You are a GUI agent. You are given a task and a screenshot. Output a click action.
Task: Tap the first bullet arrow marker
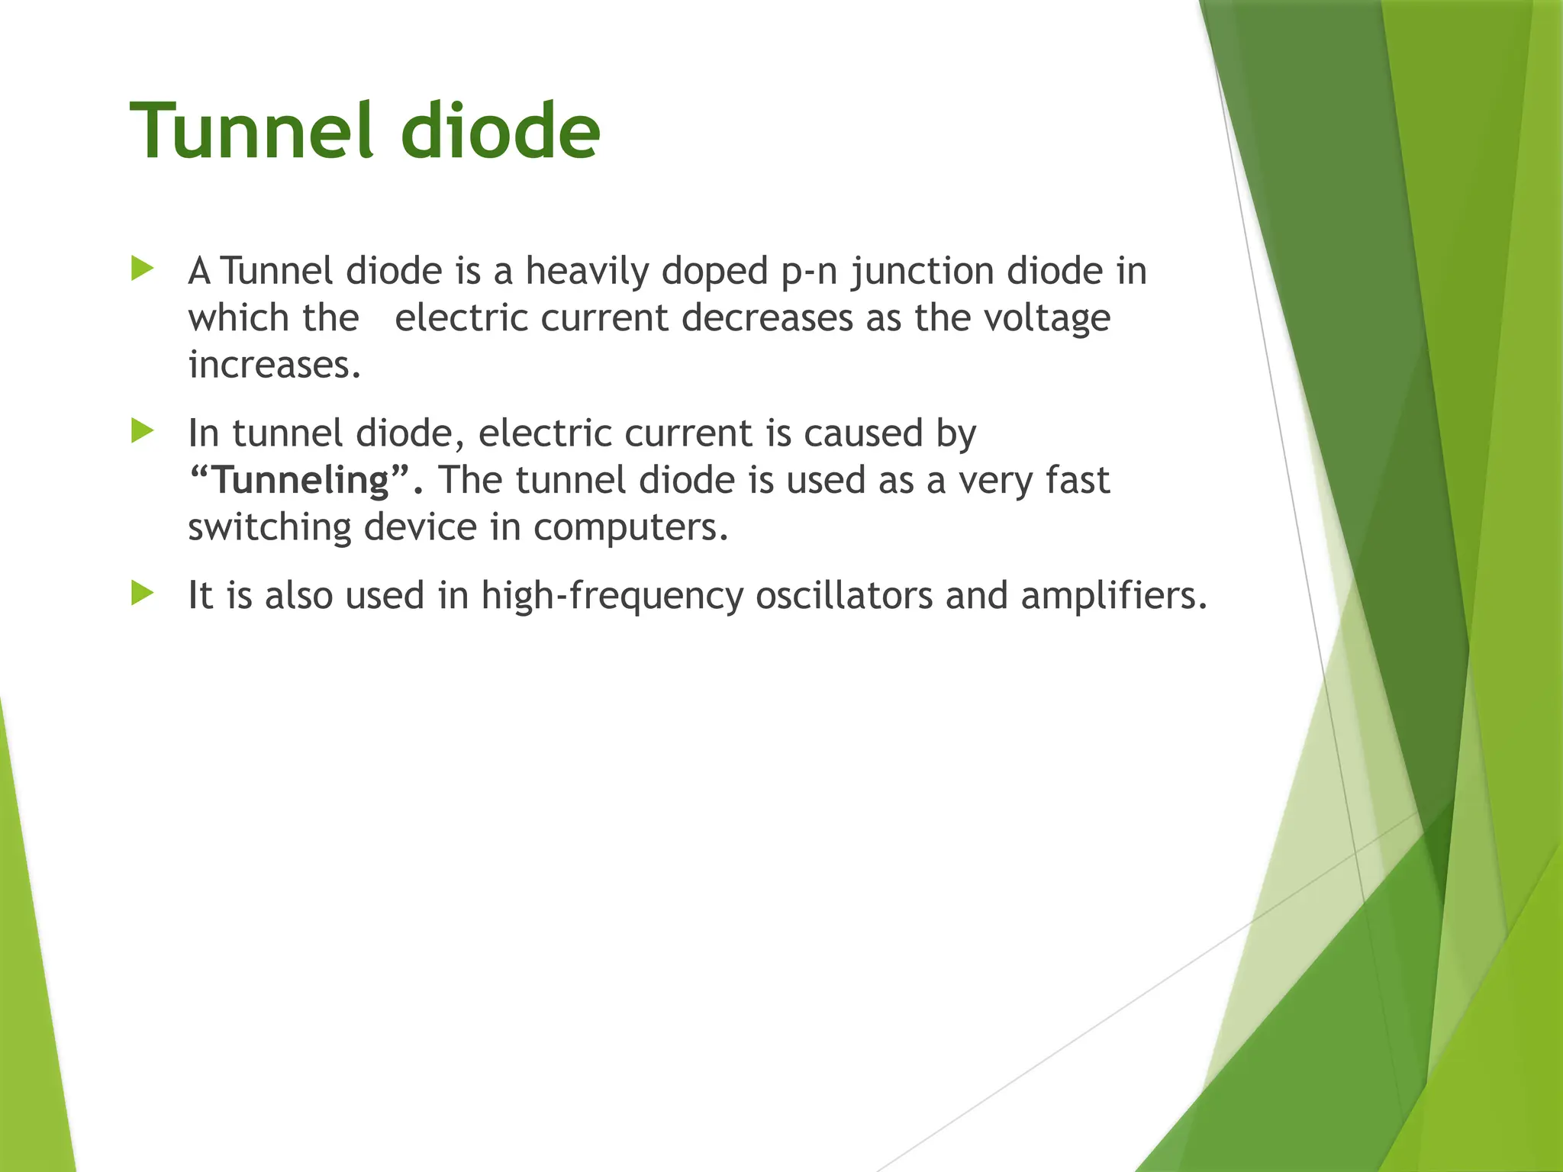click(x=142, y=269)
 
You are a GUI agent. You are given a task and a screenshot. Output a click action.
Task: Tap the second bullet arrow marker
click(x=142, y=431)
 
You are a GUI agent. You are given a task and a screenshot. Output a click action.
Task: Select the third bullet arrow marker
click(x=142, y=593)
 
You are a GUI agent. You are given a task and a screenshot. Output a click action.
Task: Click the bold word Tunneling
click(x=301, y=481)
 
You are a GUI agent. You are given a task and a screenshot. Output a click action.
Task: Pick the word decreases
click(x=767, y=318)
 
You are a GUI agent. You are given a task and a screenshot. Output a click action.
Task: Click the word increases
click(x=273, y=365)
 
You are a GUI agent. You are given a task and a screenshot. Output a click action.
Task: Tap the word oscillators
click(x=844, y=596)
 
